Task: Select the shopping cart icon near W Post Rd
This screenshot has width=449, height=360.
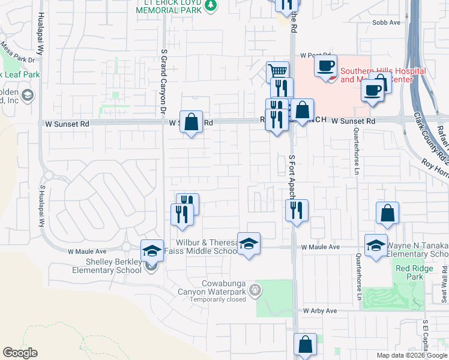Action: (x=277, y=71)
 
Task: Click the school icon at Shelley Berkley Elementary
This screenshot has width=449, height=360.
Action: (x=152, y=250)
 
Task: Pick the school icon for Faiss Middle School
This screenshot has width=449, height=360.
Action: (x=249, y=244)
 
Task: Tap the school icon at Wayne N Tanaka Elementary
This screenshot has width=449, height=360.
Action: (x=376, y=245)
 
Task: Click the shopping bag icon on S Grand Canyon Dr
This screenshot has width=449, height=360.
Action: (x=191, y=122)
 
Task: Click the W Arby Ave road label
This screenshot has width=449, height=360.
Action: (x=321, y=311)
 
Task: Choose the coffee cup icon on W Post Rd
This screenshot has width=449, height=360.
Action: (x=325, y=65)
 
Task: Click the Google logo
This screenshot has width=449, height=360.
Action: (x=20, y=353)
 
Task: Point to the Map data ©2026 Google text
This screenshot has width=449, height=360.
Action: (x=412, y=355)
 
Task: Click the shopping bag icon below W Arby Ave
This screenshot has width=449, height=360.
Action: (x=305, y=345)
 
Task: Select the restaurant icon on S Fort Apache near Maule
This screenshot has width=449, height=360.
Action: (x=297, y=210)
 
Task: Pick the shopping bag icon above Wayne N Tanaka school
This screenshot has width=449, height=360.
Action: (x=388, y=212)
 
